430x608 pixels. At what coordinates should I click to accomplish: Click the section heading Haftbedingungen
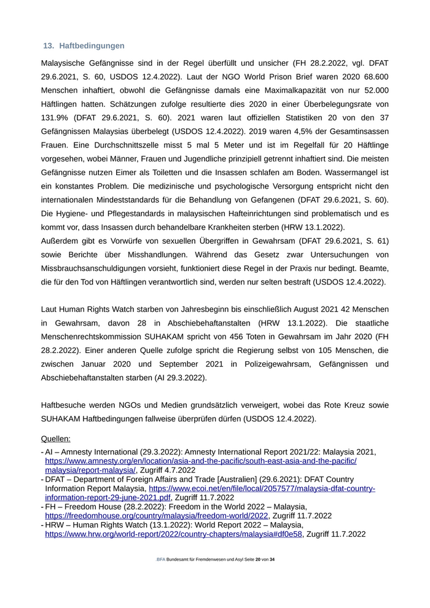(x=92, y=46)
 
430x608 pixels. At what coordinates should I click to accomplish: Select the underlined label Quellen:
(x=55, y=439)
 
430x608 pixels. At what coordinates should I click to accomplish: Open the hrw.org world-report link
(x=174, y=535)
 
